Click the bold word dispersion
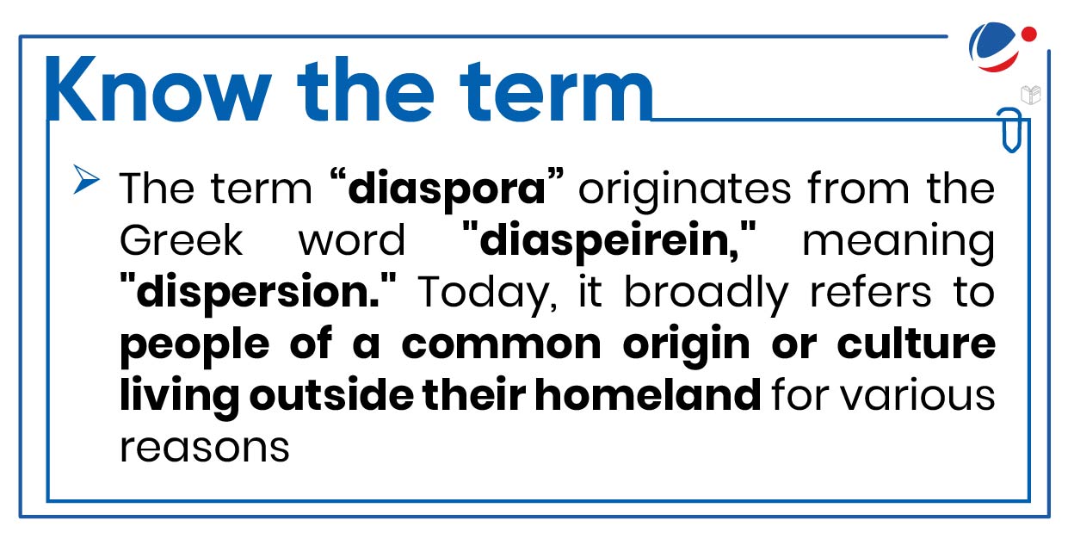pyautogui.click(x=262, y=293)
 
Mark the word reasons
pyautogui.click(x=204, y=448)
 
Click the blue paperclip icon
pyautogui.click(x=1008, y=130)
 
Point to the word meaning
pyautogui.click(x=898, y=241)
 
